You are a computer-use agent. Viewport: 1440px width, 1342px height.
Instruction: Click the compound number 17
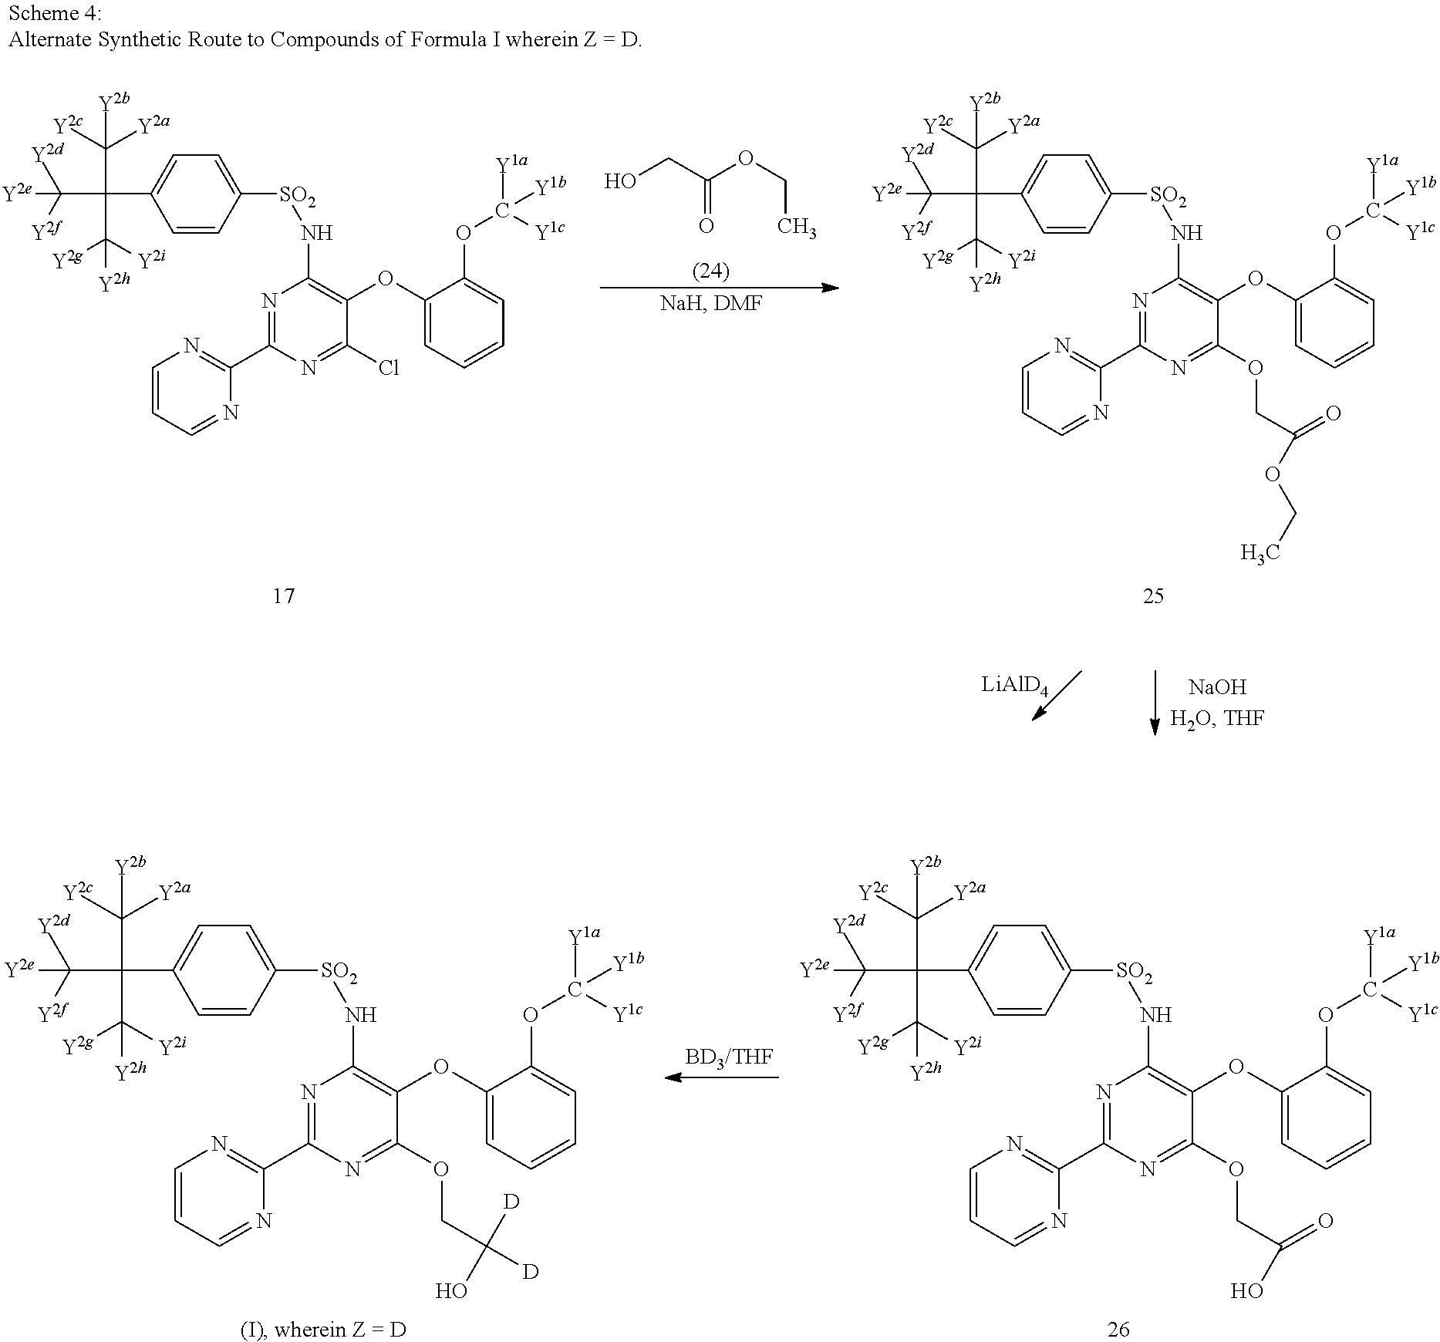pos(284,595)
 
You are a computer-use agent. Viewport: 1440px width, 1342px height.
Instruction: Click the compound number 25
pos(1153,595)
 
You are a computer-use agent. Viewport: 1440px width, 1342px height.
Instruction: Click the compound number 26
pos(1118,1328)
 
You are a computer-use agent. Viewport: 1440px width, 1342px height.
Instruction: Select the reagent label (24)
pos(710,271)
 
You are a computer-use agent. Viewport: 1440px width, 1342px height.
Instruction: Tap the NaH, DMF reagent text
pos(710,304)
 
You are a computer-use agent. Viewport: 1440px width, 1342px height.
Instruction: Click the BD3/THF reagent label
pos(729,1056)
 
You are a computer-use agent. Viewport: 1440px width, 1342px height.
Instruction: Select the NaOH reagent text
pos(1217,686)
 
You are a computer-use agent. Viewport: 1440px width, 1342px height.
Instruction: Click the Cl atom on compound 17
pos(388,369)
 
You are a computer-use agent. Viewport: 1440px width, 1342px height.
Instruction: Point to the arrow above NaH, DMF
pos(719,288)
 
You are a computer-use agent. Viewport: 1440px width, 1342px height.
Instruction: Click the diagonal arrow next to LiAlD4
pos(1057,695)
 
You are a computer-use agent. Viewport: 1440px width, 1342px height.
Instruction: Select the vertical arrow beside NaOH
pos(1155,702)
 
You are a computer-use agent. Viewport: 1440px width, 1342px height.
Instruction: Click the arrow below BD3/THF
pos(721,1077)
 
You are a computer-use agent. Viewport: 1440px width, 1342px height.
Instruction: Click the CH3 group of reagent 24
pos(796,228)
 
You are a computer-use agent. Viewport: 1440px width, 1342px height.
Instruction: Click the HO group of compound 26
pos(1246,1290)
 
